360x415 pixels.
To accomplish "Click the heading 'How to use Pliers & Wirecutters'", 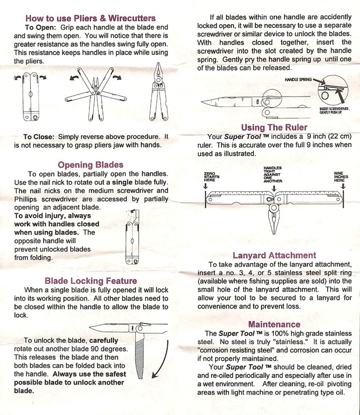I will (90, 18).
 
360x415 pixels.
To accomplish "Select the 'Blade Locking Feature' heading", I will (91, 281).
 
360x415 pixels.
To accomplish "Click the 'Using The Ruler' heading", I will (274, 127).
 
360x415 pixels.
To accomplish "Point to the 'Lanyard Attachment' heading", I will (274, 255).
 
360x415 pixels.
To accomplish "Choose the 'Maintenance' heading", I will (274, 324).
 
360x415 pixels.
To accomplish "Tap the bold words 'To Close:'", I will (39, 136).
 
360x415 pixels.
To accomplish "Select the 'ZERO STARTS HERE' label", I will (211, 177).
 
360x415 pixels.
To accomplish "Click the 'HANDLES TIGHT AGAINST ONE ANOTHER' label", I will (272, 174).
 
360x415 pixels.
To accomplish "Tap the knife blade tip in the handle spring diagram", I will (203, 102).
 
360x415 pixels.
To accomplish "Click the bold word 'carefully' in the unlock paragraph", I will (104, 340).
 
